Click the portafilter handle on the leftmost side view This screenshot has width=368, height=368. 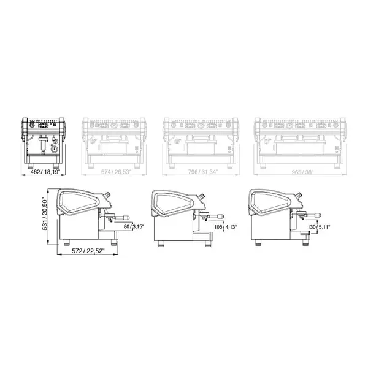point(123,217)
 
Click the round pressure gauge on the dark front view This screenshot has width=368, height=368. point(53,148)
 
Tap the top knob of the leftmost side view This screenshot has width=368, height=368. point(107,193)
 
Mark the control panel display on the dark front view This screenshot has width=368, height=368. point(44,125)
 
